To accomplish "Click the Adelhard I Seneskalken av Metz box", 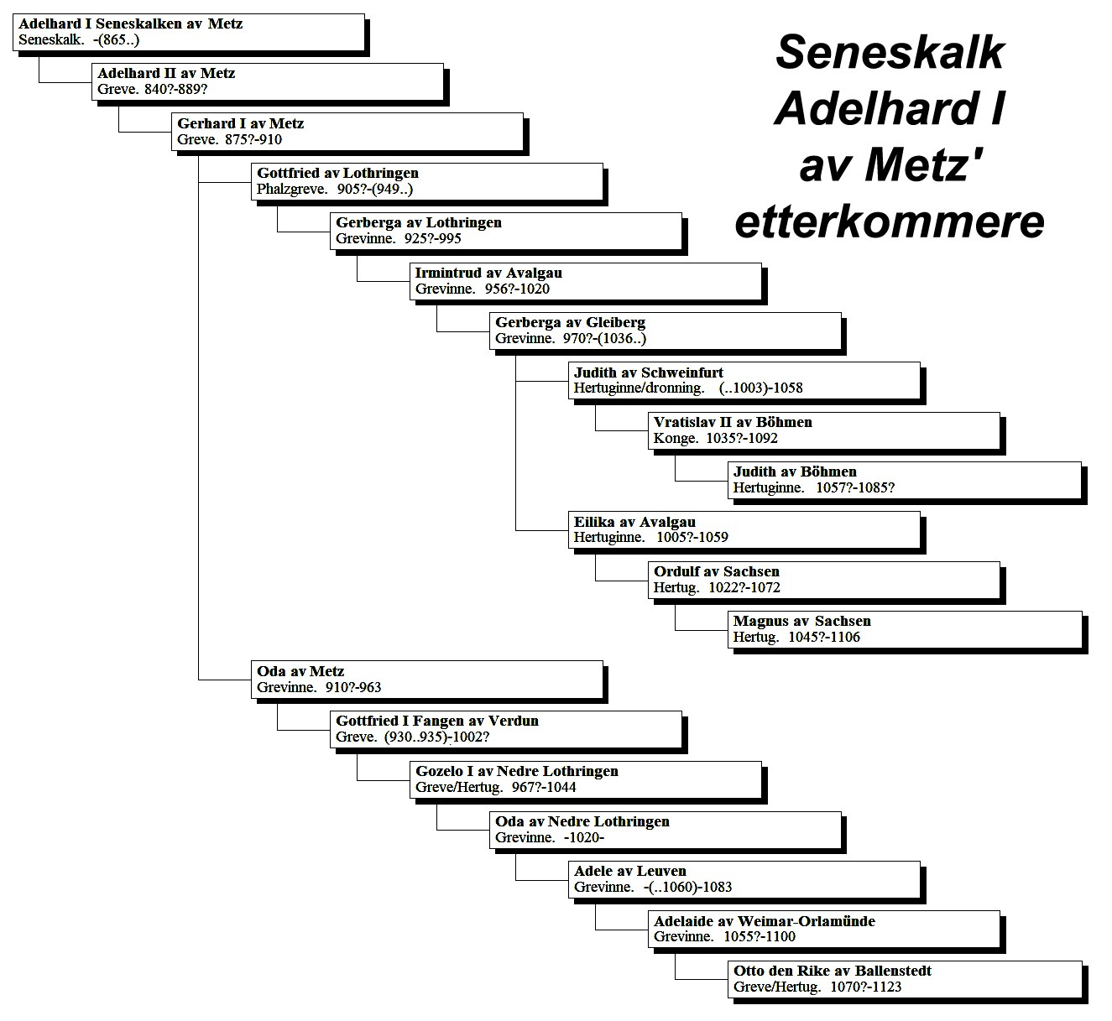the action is click(189, 32).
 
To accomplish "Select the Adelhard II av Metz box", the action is click(268, 81).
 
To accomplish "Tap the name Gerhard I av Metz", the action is click(241, 123).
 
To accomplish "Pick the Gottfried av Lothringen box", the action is click(427, 181).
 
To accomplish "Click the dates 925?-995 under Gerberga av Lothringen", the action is click(433, 239).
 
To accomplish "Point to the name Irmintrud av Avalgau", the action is click(488, 273).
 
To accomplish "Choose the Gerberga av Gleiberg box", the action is click(666, 331).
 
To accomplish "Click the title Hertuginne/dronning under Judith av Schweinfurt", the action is click(639, 388).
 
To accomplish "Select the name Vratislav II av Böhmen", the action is click(733, 422).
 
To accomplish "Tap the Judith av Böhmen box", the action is click(905, 480).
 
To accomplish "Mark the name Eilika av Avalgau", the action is click(634, 522).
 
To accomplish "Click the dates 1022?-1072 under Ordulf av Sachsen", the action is click(744, 587).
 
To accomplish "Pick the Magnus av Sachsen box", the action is click(905, 630).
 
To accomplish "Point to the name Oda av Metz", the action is click(300, 671).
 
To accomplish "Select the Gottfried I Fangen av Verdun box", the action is click(506, 729).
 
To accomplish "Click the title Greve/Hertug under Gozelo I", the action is click(459, 788).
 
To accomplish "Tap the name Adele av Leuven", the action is click(629, 872).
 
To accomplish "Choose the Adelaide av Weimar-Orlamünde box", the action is click(824, 930).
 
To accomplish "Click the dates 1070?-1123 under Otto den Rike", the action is click(866, 987).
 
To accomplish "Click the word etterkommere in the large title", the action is click(890, 221).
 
